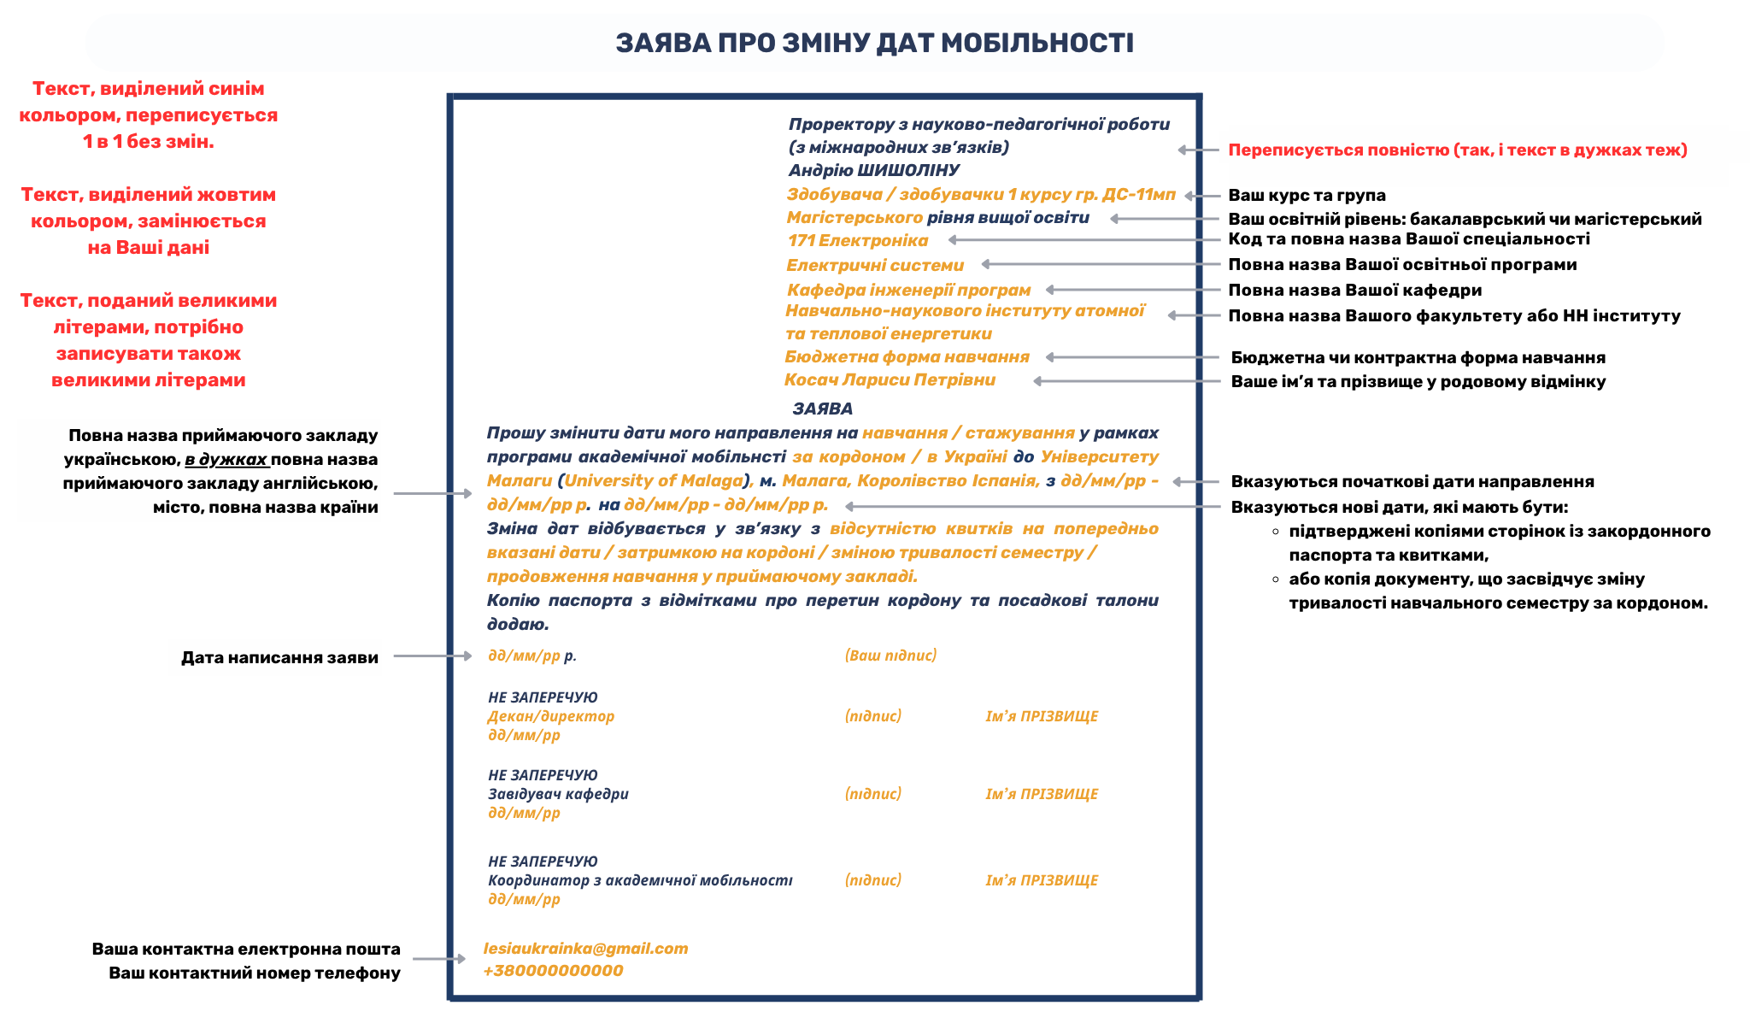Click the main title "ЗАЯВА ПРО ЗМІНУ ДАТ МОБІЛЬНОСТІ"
pos(874,43)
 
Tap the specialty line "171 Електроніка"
pos(857,241)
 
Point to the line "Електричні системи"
pos(874,266)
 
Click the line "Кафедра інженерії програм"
pos(908,291)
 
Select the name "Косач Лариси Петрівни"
pos(890,380)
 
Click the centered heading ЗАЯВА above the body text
pos(822,409)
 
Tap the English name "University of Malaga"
pos(654,481)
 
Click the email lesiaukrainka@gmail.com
pos(585,949)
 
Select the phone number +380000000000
pos(553,971)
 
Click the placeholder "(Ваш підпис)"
pos(890,656)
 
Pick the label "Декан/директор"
pos(550,716)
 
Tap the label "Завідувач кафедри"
pos(558,794)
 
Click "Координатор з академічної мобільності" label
pos(640,880)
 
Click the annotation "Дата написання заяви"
pos(279,657)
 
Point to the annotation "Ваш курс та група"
pos(1307,196)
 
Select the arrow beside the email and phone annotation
pos(438,959)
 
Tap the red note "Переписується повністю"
pos(1457,150)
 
